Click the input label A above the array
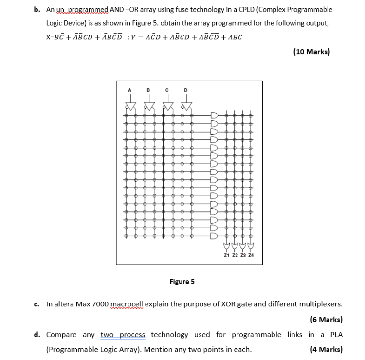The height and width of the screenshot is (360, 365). tap(129, 90)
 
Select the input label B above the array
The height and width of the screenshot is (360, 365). tap(148, 90)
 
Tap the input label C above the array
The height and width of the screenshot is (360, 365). tap(166, 90)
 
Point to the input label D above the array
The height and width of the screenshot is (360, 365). tap(185, 90)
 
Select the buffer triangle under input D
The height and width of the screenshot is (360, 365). tap(185, 105)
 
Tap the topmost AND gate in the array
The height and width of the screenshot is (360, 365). tap(214, 116)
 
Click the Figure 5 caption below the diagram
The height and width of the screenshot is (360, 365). tap(182, 282)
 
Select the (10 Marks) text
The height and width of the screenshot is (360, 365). tap(311, 51)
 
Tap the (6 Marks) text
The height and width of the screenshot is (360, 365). tap(326, 320)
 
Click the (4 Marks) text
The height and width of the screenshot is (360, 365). tap(326, 349)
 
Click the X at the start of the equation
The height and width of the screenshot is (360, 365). tap(48, 37)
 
